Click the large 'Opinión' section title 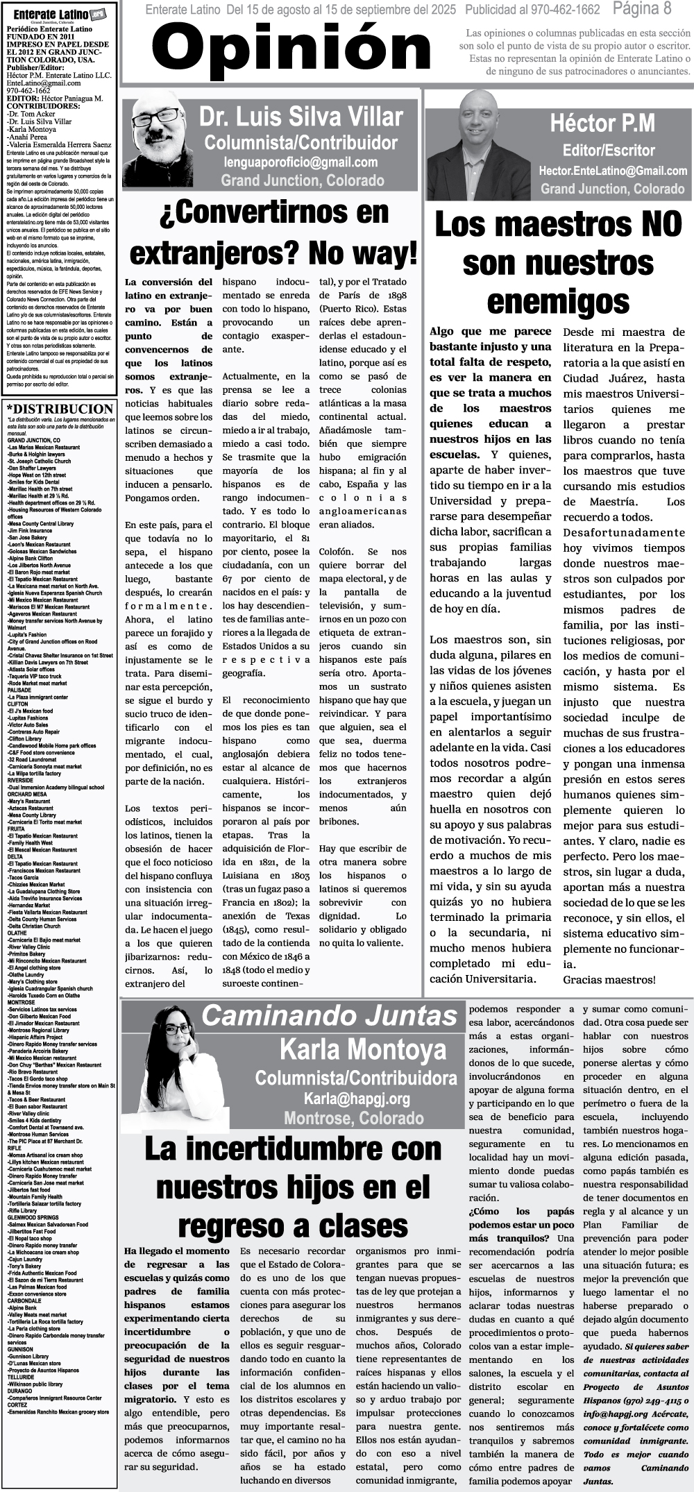point(291,49)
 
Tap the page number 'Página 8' point(642,9)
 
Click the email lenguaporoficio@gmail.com point(301,162)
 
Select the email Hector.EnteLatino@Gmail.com point(613,171)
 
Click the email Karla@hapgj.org point(357,1099)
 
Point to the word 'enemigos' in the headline point(558,302)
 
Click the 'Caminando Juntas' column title point(330,1016)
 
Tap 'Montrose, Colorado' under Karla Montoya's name point(353,1118)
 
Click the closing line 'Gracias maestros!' point(609,980)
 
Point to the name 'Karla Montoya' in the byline point(362,1049)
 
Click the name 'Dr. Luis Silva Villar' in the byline point(301,117)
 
